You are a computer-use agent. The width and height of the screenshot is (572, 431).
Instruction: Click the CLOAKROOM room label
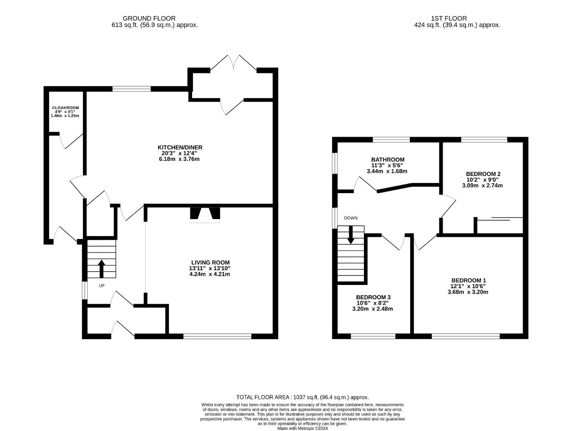click(66, 108)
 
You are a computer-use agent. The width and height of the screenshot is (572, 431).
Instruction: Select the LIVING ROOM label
click(211, 263)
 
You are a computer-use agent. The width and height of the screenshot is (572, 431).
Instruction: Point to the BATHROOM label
click(388, 160)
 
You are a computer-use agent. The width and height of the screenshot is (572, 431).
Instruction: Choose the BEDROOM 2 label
click(483, 174)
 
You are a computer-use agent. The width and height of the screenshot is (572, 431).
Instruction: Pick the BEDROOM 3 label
click(373, 297)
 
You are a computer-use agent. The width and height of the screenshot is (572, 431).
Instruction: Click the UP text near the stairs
click(101, 286)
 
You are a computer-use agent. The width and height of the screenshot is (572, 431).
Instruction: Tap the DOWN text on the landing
click(350, 218)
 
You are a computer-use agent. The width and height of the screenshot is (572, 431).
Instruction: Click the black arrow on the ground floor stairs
click(101, 268)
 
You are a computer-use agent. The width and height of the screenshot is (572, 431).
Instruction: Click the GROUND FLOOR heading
click(149, 18)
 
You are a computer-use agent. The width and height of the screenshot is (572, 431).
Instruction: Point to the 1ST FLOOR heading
click(449, 18)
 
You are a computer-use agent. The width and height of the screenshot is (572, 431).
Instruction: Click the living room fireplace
click(205, 215)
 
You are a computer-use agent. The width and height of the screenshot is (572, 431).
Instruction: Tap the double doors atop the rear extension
click(234, 63)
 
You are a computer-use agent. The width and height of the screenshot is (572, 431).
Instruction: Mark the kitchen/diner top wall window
click(131, 89)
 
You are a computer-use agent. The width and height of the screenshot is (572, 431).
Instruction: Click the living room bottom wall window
click(217, 336)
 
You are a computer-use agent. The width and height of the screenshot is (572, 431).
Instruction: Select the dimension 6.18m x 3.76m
click(179, 159)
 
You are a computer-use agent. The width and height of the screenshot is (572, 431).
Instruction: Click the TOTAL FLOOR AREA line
click(302, 397)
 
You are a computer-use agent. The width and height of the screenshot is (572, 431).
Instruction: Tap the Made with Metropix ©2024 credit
click(302, 428)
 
